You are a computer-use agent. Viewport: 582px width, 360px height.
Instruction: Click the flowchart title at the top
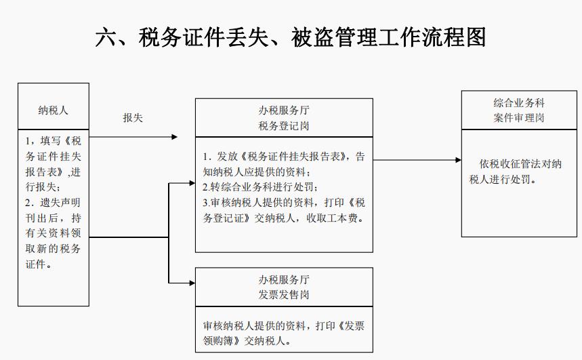coord(291,37)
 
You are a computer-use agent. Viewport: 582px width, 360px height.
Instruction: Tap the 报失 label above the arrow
coord(133,118)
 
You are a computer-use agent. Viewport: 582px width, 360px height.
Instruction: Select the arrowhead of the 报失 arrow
coord(175,137)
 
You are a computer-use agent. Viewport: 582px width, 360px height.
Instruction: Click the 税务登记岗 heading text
coord(284,125)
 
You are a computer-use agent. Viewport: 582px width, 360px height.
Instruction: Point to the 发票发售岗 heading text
coord(284,295)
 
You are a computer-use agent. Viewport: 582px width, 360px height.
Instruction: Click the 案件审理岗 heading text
coord(519,117)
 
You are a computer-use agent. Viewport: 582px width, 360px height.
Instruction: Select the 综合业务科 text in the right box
coord(519,103)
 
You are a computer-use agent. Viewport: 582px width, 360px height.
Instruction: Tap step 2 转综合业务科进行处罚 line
coord(260,186)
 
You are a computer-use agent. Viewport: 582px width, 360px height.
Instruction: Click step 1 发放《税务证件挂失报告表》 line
coord(284,157)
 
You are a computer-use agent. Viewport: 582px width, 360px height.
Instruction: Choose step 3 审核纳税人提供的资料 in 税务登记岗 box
coord(284,202)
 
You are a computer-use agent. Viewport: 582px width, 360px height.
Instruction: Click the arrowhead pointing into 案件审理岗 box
coord(458,161)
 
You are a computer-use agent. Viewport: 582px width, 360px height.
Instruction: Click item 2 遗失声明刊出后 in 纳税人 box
coord(53,203)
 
